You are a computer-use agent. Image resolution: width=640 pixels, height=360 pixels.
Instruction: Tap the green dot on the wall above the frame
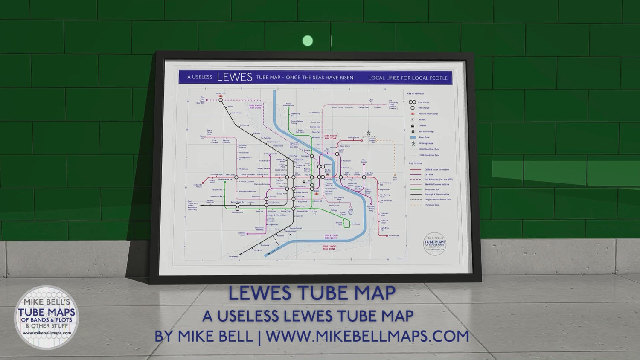coord(307,41)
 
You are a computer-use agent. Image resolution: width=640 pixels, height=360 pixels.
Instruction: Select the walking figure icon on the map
coord(369,133)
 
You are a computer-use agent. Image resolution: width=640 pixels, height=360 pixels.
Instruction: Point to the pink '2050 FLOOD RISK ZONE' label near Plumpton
coord(255,106)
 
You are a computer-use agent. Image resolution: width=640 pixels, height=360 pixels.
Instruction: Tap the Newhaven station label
coord(233,256)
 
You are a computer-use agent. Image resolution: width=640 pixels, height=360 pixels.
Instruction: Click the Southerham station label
coord(394,235)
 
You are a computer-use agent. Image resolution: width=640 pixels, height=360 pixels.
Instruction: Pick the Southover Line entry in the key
coord(432,189)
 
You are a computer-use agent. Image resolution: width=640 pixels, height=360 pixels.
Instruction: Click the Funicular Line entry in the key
coord(432,205)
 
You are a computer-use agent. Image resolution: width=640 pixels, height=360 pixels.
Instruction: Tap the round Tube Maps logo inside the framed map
coord(434,244)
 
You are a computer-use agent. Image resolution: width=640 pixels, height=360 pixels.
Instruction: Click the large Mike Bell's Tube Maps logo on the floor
coord(47,317)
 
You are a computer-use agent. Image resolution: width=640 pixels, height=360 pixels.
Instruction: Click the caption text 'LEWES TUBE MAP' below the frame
coord(312,293)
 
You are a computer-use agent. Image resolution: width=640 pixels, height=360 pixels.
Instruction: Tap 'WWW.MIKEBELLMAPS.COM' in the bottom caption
coord(367,336)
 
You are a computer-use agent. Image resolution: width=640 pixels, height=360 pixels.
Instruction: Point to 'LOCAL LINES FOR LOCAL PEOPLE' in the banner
coord(407,78)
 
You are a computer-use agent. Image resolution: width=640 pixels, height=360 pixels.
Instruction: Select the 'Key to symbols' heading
coord(416,93)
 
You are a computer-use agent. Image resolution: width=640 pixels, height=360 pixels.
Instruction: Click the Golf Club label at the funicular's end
coord(395,179)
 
